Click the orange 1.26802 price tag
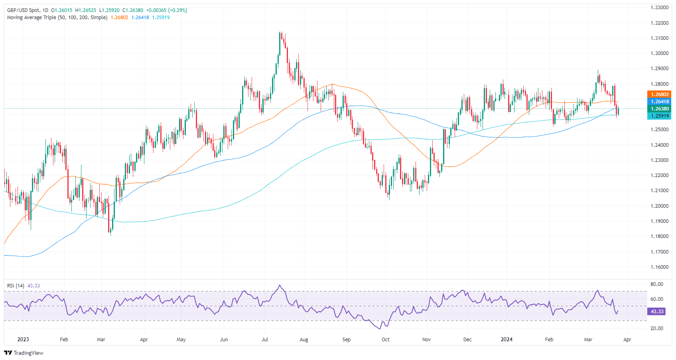[660, 94]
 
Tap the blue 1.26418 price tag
[660, 102]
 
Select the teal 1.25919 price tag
[660, 116]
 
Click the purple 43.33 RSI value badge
[657, 311]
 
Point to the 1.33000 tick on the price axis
[659, 8]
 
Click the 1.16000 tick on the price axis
[659, 267]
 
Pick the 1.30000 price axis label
[659, 53]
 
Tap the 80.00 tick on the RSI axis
[656, 284]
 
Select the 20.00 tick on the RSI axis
[656, 329]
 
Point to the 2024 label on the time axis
[507, 340]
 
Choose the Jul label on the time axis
[265, 340]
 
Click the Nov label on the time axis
[426, 340]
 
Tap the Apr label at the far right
[627, 340]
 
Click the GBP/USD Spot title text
[24, 10]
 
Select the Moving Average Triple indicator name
[57, 18]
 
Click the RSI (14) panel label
[16, 286]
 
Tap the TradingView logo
[24, 353]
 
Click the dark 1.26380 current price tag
[660, 109]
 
